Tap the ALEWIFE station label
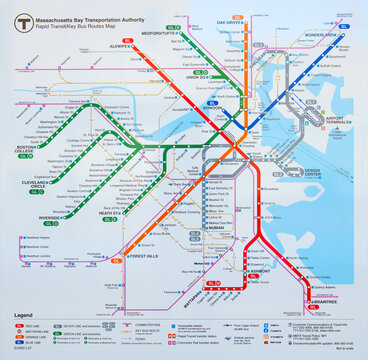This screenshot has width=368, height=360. coord(121,46)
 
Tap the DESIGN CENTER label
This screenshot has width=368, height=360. coord(312,171)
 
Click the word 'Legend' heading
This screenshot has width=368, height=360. coord(23,315)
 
